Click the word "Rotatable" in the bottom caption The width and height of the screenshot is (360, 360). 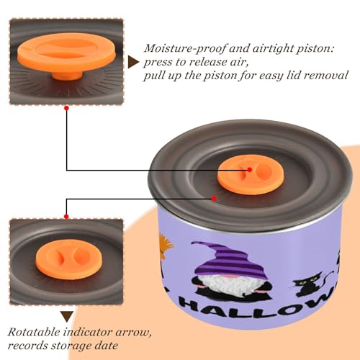tap(34, 332)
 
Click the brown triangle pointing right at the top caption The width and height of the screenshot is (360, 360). tap(133, 62)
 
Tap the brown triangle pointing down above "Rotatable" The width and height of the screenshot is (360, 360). tap(67, 317)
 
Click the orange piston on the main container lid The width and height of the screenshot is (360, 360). tap(251, 176)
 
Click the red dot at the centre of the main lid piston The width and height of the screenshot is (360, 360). tap(250, 170)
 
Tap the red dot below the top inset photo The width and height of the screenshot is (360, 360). tap(67, 109)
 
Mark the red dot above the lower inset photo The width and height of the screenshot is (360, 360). tap(66, 217)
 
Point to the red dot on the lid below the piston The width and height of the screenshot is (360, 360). tap(214, 199)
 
